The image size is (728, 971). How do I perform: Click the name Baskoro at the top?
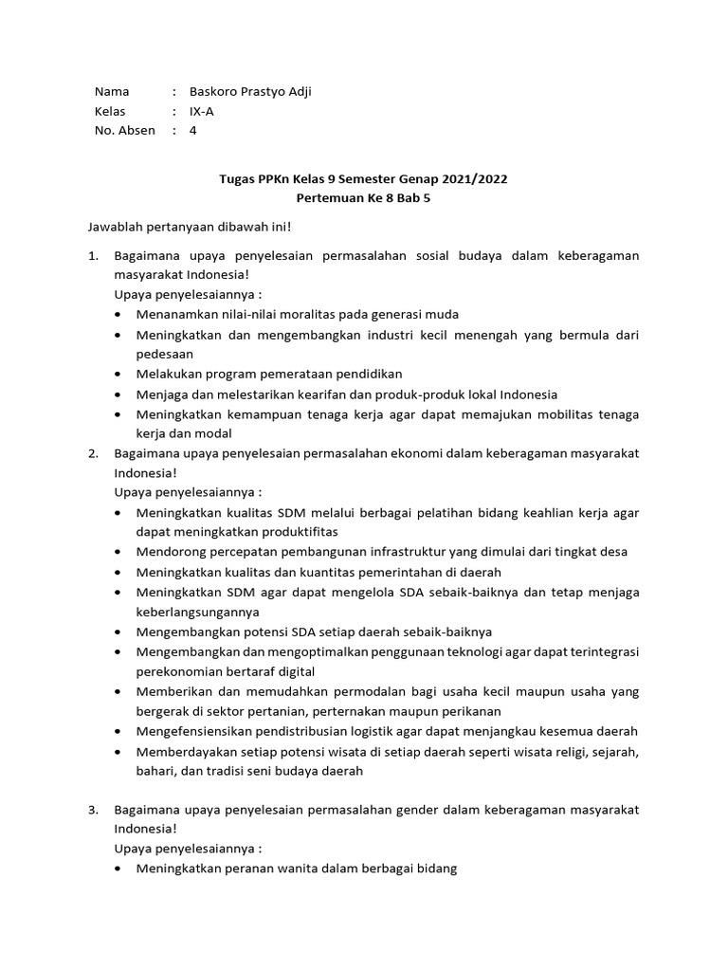pos(214,92)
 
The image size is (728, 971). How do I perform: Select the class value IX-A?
pos(201,111)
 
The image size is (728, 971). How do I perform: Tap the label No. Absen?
pos(124,131)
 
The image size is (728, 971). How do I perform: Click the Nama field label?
pos(112,92)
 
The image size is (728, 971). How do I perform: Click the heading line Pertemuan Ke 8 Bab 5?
pos(364,199)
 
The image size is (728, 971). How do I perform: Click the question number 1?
pos(92,256)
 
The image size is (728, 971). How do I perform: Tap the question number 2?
pos(92,453)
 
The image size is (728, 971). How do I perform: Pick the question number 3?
pos(92,810)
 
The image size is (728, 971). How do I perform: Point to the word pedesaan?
pos(165,354)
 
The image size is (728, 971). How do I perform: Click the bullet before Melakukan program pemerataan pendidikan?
pos(118,375)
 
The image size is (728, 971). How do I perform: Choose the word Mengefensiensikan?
pos(192,731)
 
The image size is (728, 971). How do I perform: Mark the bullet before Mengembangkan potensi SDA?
pos(118,632)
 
